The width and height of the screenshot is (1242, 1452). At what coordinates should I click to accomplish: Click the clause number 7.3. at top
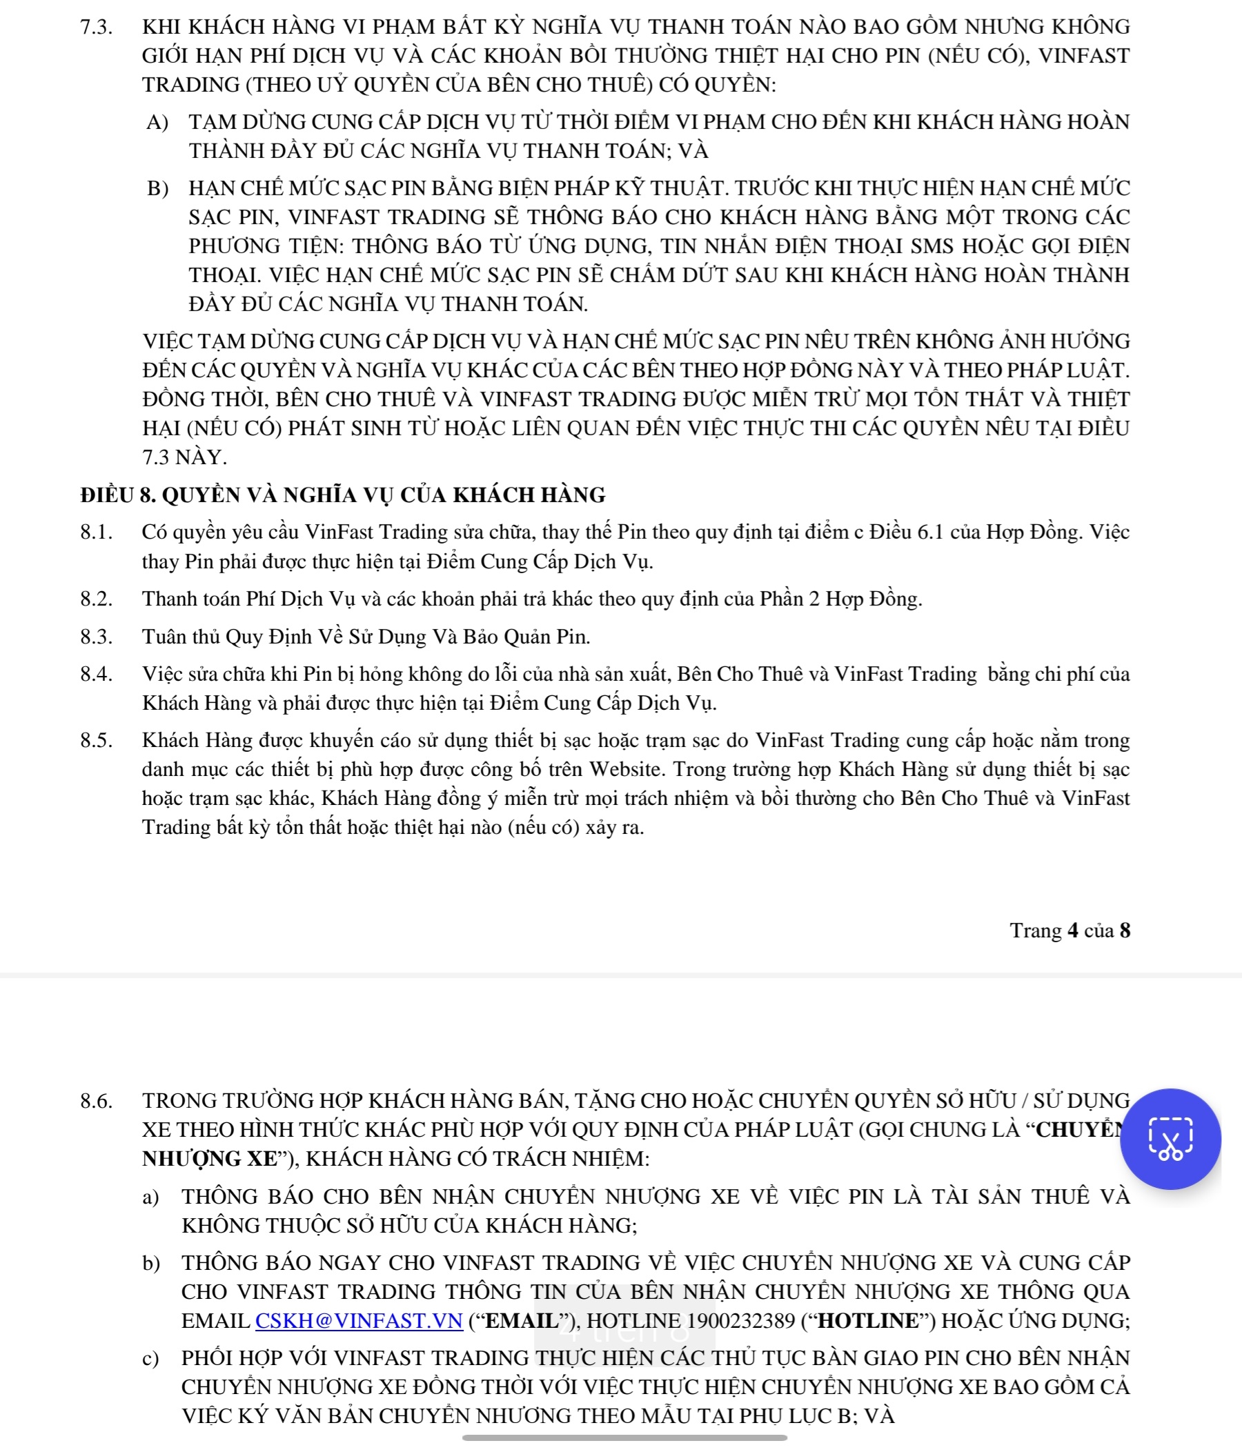click(x=95, y=28)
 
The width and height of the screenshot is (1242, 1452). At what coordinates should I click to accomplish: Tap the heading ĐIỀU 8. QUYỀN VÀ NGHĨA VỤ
click(x=342, y=495)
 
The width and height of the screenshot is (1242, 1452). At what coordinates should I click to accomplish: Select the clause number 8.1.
click(x=95, y=532)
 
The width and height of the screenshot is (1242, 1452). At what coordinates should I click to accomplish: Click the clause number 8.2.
click(x=95, y=599)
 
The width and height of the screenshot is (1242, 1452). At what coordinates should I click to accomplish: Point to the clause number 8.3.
click(x=95, y=636)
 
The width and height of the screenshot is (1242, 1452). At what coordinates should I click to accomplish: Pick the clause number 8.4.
click(x=95, y=673)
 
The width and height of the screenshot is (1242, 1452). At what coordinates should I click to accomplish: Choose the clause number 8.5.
click(x=95, y=740)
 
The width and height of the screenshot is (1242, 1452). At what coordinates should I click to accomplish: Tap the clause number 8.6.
click(x=95, y=1101)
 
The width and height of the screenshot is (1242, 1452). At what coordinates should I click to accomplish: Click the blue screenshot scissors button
click(x=1170, y=1139)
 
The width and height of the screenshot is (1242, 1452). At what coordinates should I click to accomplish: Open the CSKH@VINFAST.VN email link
click(x=359, y=1320)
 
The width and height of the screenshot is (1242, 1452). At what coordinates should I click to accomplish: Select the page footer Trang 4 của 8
click(x=1069, y=930)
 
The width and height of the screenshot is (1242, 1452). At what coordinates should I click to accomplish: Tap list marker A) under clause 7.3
click(x=157, y=122)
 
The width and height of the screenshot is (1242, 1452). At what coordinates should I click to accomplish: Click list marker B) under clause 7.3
click(x=157, y=188)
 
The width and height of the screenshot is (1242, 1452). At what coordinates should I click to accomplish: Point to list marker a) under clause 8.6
click(x=150, y=1196)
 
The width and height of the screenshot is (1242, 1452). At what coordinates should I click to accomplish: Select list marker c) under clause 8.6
click(x=150, y=1357)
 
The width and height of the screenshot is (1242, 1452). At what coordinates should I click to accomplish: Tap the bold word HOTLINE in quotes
click(x=868, y=1320)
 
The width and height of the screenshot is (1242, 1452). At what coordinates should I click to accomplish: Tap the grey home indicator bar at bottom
click(x=624, y=1438)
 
